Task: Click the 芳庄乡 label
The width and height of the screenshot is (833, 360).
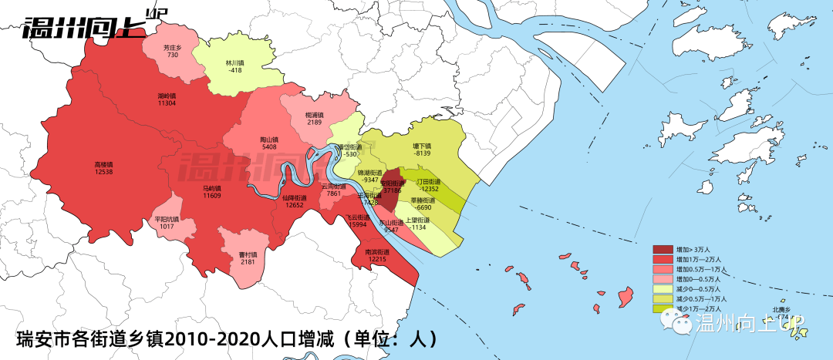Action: point(172,47)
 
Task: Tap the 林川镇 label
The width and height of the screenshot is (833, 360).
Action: point(234,62)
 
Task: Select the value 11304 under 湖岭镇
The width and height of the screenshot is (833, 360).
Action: point(167,103)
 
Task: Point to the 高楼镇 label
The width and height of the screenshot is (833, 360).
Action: point(104,164)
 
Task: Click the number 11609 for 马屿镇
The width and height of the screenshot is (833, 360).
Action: point(212,197)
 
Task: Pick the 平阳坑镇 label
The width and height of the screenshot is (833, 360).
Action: point(167,219)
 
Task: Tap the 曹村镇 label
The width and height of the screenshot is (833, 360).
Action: point(248,253)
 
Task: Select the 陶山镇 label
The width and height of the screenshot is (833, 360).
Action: point(269,140)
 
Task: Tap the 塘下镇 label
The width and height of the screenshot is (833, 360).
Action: point(422,145)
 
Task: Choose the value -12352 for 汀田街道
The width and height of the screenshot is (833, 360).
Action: point(429,189)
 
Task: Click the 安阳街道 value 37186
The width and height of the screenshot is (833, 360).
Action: point(393,190)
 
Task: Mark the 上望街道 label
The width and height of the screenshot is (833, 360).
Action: point(419,219)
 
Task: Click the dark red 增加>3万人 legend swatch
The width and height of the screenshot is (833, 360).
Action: point(663,249)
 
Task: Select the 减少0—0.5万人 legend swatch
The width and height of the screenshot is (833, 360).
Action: point(663,289)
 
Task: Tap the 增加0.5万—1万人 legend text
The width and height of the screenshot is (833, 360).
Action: point(702,269)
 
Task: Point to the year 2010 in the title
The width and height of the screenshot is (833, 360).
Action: point(186,338)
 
